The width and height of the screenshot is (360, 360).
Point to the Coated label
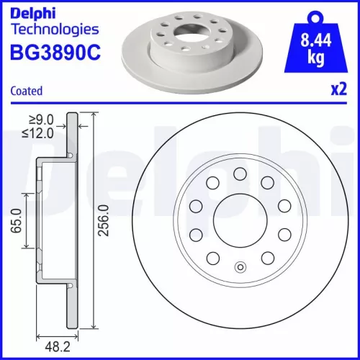click(x=27, y=91)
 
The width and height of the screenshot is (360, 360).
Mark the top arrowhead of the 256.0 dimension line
click(x=95, y=117)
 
